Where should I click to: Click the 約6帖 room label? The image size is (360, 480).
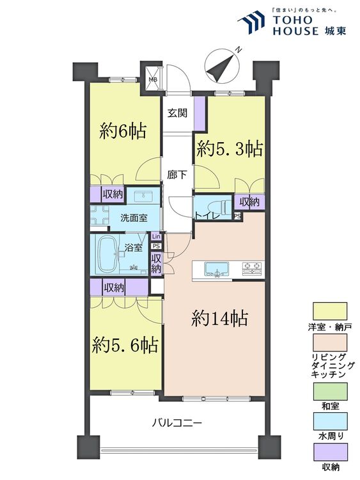(123, 132)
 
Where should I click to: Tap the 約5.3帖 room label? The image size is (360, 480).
(229, 149)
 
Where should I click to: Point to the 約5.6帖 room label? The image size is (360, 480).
(125, 346)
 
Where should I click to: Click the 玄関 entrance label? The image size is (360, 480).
(177, 114)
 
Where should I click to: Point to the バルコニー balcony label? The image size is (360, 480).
(177, 423)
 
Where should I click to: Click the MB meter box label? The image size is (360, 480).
(153, 80)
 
